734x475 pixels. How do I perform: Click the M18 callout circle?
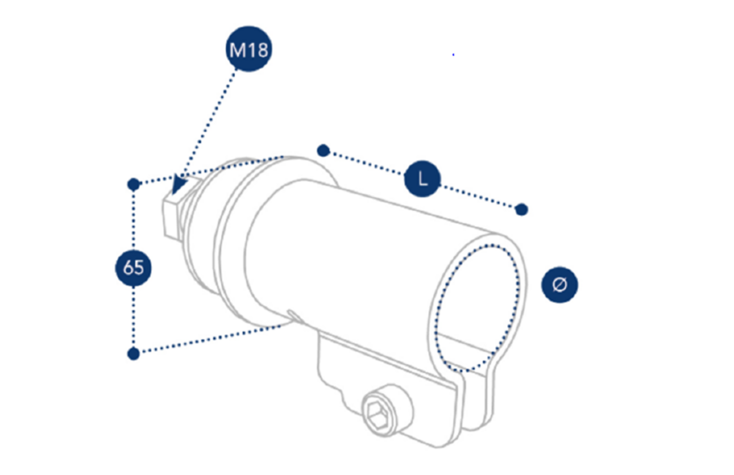[x=249, y=49]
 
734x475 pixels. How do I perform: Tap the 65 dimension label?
[x=133, y=267]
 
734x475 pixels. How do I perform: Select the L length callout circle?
[x=422, y=179]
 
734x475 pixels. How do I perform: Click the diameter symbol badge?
[x=559, y=285]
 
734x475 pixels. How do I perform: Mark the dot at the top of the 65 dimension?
[x=133, y=184]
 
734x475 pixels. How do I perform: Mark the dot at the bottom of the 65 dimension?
[x=133, y=354]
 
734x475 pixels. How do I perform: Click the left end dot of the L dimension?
[x=323, y=151]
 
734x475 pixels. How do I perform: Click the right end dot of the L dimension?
[x=522, y=210]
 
